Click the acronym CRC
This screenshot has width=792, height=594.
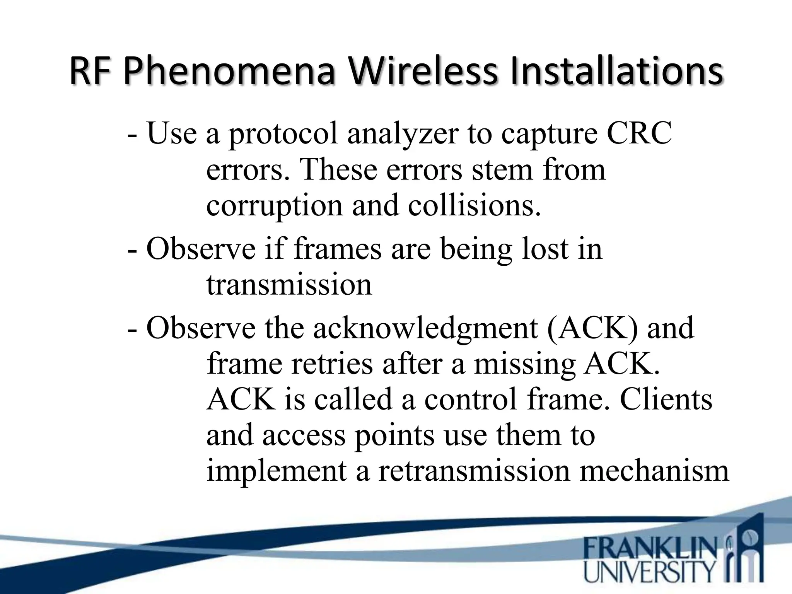point(639,133)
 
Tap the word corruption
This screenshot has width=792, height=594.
point(274,205)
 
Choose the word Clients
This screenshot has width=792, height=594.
point(666,399)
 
